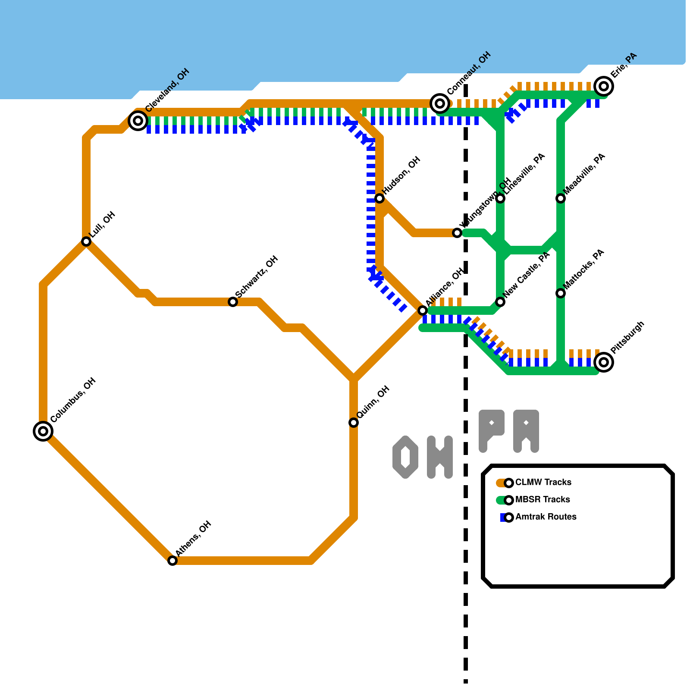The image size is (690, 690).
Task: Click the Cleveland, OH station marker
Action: click(x=138, y=121)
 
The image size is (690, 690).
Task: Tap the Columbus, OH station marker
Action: click(x=43, y=431)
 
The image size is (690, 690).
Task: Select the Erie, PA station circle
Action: click(x=604, y=86)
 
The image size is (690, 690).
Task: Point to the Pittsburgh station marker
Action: click(x=604, y=362)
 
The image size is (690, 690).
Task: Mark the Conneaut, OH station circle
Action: click(x=440, y=103)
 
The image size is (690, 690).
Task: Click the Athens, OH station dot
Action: click(x=172, y=561)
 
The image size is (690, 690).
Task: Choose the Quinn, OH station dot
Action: click(x=354, y=423)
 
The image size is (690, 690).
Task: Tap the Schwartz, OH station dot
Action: click(x=233, y=302)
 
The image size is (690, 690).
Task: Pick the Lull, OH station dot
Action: click(x=86, y=241)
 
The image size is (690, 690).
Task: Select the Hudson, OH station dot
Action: click(x=379, y=198)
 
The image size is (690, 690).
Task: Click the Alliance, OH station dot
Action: click(x=423, y=310)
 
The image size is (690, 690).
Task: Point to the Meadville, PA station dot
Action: click(x=561, y=198)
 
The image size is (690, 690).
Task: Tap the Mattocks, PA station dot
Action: click(x=561, y=293)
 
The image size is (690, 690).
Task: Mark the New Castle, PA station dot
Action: click(x=500, y=302)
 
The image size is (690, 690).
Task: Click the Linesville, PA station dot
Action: click(x=500, y=198)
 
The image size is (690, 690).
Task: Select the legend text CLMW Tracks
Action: click(x=543, y=482)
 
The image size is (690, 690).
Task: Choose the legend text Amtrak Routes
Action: click(x=546, y=517)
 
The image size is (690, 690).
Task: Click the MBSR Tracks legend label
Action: click(x=543, y=499)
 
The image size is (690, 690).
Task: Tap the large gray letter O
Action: click(x=405, y=457)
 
